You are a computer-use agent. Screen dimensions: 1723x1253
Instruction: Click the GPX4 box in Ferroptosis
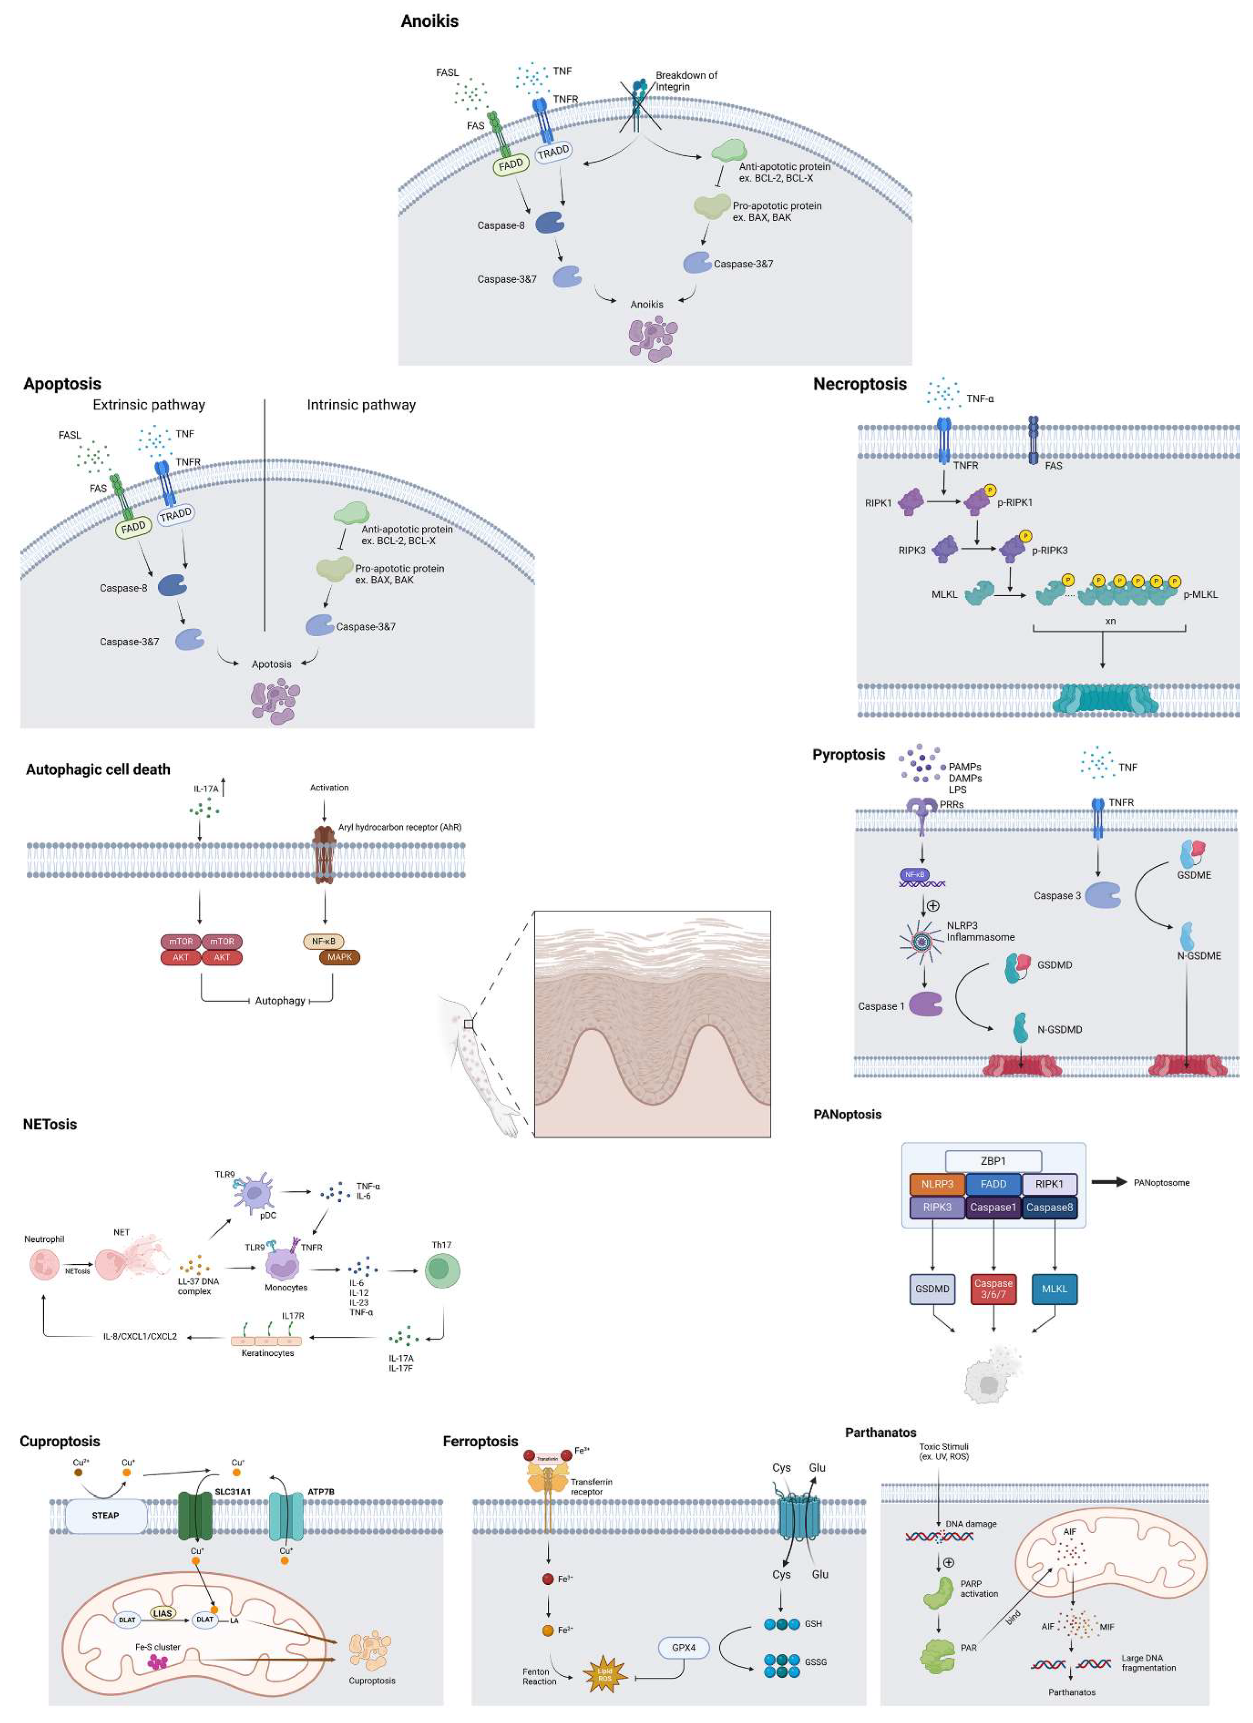[683, 1647]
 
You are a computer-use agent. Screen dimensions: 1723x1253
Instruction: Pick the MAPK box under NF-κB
[339, 957]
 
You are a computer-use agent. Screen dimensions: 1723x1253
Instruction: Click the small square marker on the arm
[469, 1025]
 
